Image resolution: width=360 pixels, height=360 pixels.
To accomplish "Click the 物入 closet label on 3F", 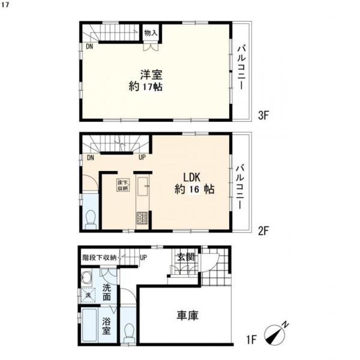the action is [x=151, y=33].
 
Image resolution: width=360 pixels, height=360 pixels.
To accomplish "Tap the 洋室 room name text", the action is [x=151, y=74].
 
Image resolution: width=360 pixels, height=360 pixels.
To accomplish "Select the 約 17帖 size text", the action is [x=145, y=87].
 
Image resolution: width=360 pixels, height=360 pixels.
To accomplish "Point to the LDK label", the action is [x=192, y=178].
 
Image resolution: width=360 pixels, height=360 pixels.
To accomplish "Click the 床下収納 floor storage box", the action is [x=123, y=185].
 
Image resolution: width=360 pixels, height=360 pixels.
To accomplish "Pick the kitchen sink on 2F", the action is [x=143, y=186].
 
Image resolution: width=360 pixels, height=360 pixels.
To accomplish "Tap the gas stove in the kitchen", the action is [x=143, y=218].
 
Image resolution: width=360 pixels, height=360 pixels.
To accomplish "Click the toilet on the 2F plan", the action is [x=91, y=219].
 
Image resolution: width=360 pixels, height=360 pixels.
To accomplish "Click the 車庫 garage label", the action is [x=187, y=315].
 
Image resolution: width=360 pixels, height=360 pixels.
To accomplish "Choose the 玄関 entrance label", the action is [x=186, y=257].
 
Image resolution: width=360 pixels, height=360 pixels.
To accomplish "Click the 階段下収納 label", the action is [x=99, y=258].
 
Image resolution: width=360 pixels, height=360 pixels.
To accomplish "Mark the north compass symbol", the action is [x=276, y=332].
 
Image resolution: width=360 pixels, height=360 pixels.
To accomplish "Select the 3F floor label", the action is [x=263, y=116].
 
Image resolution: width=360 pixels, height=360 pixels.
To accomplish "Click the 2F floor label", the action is [x=263, y=231].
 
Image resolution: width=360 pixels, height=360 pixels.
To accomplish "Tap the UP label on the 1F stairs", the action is [x=143, y=258].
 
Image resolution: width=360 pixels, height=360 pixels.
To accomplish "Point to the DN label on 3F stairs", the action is [x=89, y=47].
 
